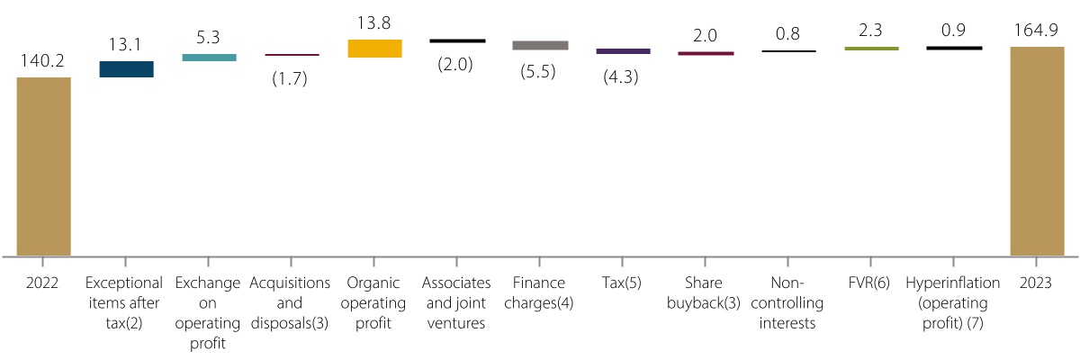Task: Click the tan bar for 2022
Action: (44, 166)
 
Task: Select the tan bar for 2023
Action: (1037, 151)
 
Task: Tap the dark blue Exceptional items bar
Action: (126, 69)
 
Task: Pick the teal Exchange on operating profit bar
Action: (209, 58)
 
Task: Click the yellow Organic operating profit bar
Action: (374, 49)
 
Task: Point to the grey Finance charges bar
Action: (540, 45)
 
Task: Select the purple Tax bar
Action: (623, 51)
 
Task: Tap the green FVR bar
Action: (871, 48)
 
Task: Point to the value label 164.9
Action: (1037, 31)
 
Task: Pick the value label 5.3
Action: (209, 38)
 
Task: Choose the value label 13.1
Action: (126, 45)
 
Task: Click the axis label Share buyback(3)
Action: (705, 292)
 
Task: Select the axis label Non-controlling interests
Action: (788, 302)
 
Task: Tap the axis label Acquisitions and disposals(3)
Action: (291, 302)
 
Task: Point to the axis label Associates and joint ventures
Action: (456, 302)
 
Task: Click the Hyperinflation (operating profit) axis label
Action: (954, 302)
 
